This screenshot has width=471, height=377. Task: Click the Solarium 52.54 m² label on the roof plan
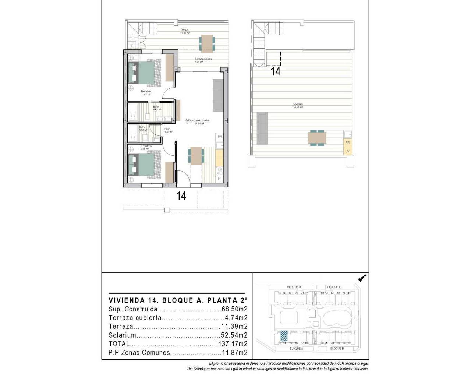[298, 106]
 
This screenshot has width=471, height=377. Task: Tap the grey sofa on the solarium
[262, 128]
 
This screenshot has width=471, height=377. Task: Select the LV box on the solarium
[347, 151]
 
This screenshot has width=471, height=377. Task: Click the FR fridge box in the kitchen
[220, 137]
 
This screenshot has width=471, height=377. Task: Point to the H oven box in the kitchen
[219, 179]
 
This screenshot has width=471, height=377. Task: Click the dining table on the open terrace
[206, 43]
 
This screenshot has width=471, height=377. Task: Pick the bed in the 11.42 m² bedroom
[145, 72]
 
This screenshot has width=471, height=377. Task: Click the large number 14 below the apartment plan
[181, 196]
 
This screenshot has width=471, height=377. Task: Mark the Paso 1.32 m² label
[168, 130]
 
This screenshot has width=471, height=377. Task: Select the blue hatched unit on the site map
[284, 336]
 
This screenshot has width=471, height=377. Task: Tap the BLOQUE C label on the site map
[334, 287]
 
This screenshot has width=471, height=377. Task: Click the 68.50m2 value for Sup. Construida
[234, 309]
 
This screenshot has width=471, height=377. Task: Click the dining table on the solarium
[317, 138]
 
